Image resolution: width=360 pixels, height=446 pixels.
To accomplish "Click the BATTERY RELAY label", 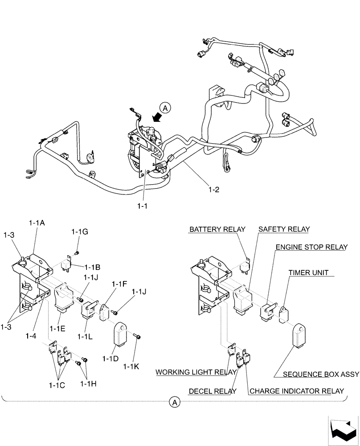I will coord(217,229).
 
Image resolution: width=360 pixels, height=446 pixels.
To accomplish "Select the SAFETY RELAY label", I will coord(284,229).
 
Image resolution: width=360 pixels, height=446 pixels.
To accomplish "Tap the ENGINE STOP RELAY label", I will coord(311,247).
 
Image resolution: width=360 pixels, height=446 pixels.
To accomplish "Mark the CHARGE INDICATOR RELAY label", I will coord(297,392).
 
